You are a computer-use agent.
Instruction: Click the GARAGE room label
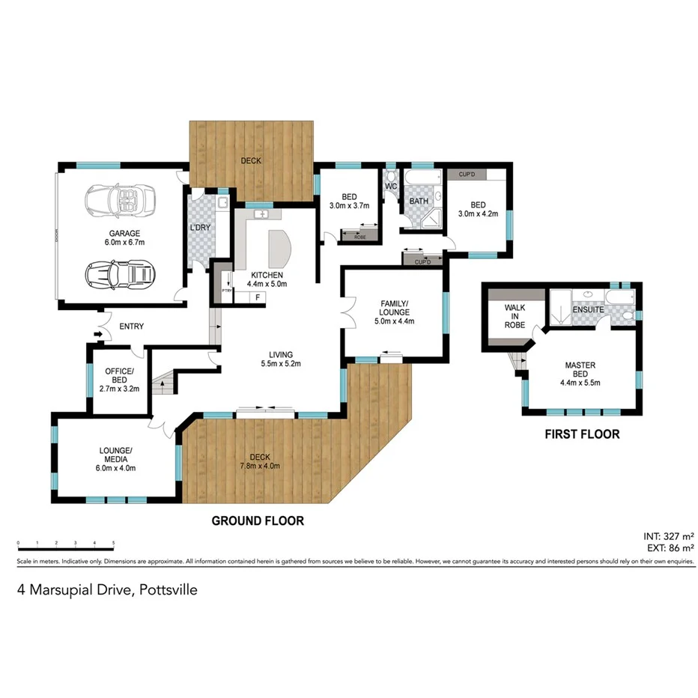[x=124, y=233]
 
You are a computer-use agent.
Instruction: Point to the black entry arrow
[x=98, y=333]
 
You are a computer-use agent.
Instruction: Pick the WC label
[x=390, y=186]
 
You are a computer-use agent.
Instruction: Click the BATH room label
[x=418, y=201]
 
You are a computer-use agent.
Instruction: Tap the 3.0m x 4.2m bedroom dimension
[x=478, y=215]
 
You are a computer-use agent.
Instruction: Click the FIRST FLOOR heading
[x=581, y=434]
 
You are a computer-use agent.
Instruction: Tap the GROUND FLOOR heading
[x=258, y=521]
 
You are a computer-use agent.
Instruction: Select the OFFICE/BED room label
[x=119, y=376]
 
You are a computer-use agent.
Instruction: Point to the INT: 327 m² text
[x=669, y=536]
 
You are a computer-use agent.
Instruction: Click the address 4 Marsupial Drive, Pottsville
[x=108, y=590]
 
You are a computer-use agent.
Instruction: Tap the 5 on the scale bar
[x=113, y=541]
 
